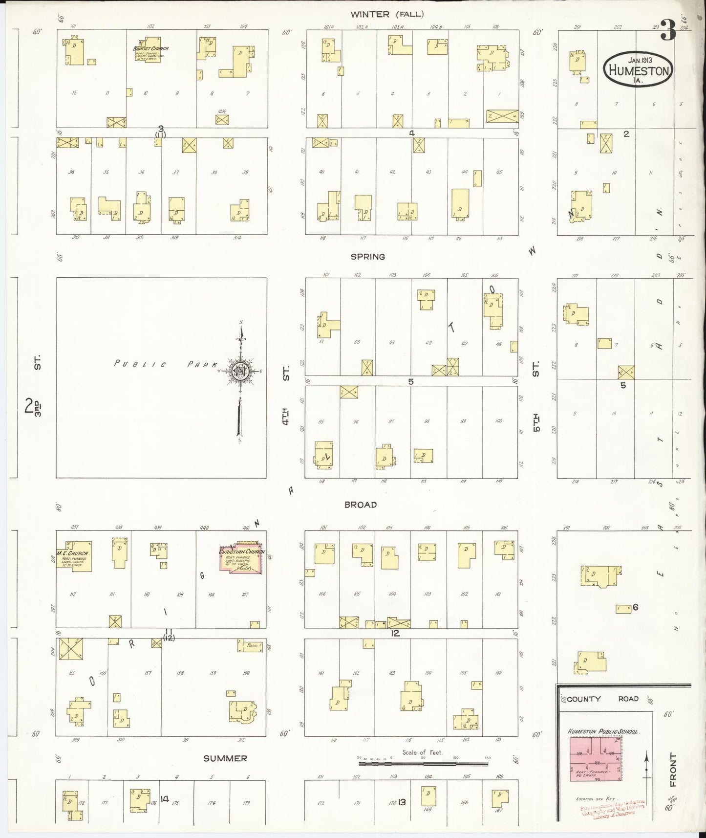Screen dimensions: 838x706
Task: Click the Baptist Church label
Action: tap(151, 48)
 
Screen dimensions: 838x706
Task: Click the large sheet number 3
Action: tap(668, 32)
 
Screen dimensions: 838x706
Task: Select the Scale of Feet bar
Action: tap(423, 763)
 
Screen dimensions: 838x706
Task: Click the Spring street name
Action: tap(367, 257)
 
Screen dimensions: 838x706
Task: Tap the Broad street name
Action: tap(361, 505)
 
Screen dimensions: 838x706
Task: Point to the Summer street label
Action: tap(225, 758)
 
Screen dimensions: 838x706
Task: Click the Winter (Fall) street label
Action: tap(387, 15)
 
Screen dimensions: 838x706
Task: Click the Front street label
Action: tap(673, 770)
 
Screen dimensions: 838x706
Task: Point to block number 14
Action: tap(164, 799)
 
